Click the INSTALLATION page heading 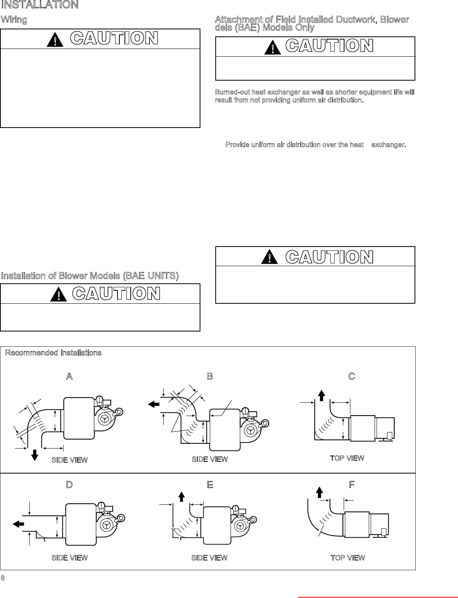[x=40, y=5]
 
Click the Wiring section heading [x=14, y=20]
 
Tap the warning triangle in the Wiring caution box [x=55, y=40]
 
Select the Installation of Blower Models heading [x=90, y=276]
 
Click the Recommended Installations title [x=53, y=353]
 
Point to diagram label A [x=69, y=376]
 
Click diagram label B [x=210, y=376]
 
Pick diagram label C [x=352, y=376]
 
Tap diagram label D [x=69, y=485]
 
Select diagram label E [x=210, y=485]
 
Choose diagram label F [x=352, y=485]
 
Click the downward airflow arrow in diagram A [x=35, y=455]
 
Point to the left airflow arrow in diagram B [x=154, y=404]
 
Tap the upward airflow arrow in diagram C [x=321, y=395]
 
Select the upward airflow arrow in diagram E [x=182, y=497]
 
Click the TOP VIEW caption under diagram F [x=348, y=558]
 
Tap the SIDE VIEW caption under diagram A [x=70, y=460]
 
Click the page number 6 [x=3, y=578]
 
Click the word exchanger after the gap [x=388, y=145]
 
